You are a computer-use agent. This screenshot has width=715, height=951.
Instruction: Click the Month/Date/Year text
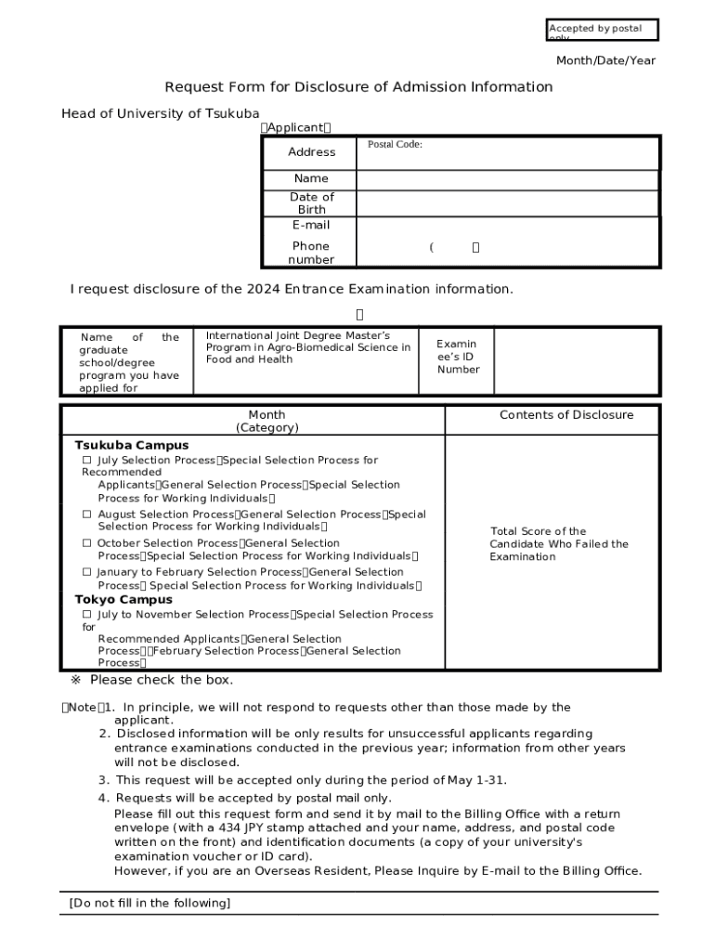pyautogui.click(x=605, y=60)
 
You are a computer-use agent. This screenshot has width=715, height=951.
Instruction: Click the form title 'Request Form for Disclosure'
pyautogui.click(x=358, y=87)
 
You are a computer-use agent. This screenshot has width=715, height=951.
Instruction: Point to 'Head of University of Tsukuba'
pyautogui.click(x=161, y=113)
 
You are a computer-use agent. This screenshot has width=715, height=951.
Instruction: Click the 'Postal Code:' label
pyautogui.click(x=395, y=145)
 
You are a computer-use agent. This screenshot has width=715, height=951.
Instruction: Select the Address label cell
pyautogui.click(x=311, y=152)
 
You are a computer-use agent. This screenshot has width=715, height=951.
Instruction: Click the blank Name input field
pyautogui.click(x=507, y=179)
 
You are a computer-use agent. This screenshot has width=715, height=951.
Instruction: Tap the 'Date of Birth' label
pyautogui.click(x=311, y=203)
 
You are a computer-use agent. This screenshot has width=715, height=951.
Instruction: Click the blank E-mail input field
pyautogui.click(x=507, y=226)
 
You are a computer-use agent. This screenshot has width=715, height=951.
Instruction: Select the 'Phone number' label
pyautogui.click(x=311, y=253)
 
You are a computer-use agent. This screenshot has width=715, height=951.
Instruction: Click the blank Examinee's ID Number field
pyautogui.click(x=576, y=358)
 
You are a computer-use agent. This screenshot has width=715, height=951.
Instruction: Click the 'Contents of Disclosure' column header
pyautogui.click(x=566, y=415)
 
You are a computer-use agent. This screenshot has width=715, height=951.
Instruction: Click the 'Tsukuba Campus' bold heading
pyautogui.click(x=131, y=445)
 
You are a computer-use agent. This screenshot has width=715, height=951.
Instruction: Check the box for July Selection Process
pyautogui.click(x=86, y=461)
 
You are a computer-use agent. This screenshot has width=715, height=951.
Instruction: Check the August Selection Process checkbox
pyautogui.click(x=86, y=515)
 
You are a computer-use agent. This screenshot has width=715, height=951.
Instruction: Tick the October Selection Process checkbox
pyautogui.click(x=86, y=543)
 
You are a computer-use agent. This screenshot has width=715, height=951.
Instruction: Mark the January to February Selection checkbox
pyautogui.click(x=86, y=572)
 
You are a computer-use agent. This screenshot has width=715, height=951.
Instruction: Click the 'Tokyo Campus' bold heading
pyautogui.click(x=123, y=600)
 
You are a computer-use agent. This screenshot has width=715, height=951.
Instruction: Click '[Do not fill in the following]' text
pyautogui.click(x=149, y=904)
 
